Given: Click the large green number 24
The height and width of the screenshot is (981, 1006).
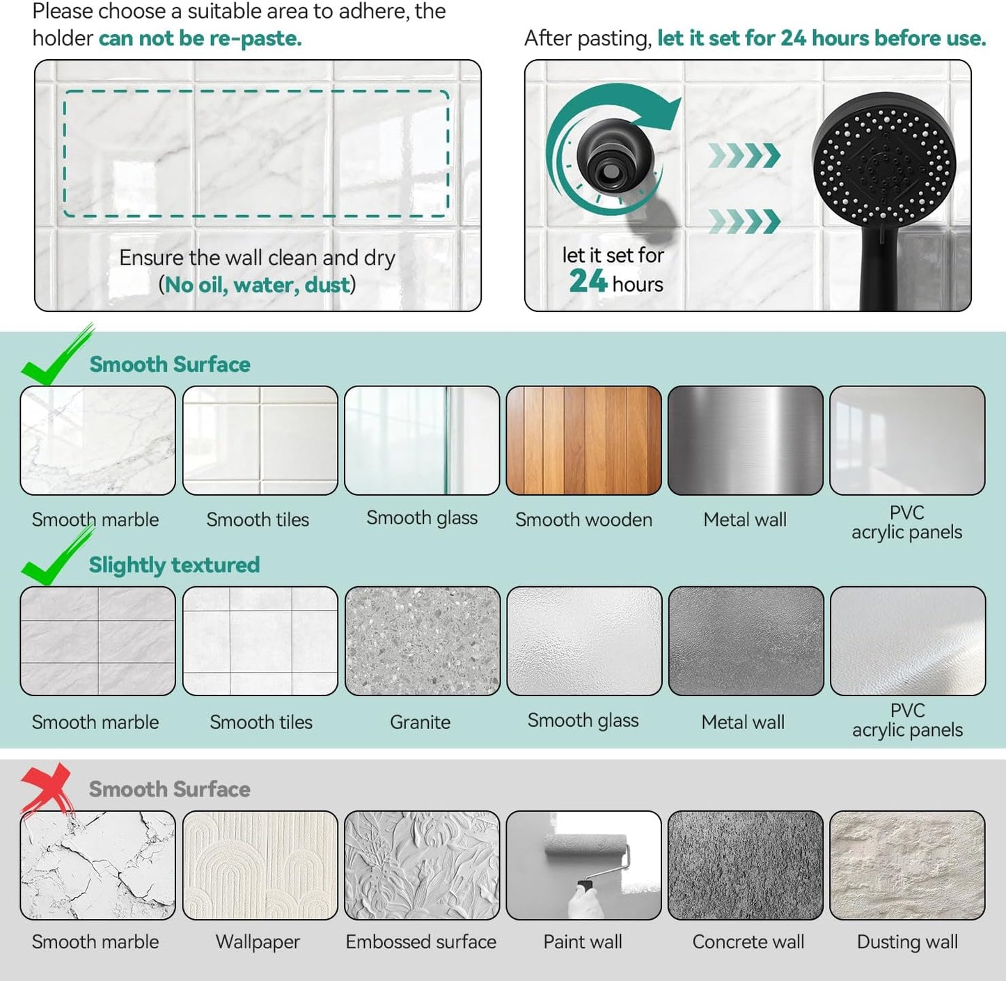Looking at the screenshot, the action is click(588, 282).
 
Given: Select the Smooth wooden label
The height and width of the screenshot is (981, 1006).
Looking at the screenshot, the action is click(583, 519).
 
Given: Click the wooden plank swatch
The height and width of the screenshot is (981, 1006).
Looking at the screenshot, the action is click(583, 440).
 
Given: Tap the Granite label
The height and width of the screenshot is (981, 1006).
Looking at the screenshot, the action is click(421, 722).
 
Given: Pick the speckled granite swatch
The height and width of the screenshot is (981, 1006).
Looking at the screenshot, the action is click(423, 641).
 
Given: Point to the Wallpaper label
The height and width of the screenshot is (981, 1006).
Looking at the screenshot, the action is click(258, 942).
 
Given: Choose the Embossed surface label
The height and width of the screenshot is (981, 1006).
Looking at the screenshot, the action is click(421, 942).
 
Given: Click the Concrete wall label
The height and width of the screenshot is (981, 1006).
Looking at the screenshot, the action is click(748, 942).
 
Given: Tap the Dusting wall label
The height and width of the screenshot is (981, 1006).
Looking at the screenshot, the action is click(907, 942).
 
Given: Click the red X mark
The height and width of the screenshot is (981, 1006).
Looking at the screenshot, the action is click(47, 787).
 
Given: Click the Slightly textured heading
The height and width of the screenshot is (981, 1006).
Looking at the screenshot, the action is click(174, 565).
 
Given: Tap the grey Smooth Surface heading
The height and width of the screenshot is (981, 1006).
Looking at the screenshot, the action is click(170, 790).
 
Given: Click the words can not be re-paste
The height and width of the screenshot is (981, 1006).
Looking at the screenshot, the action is click(200, 38).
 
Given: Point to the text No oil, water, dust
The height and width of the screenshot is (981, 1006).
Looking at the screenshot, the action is click(257, 285).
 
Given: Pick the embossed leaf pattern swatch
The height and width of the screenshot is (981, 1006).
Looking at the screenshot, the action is click(422, 865).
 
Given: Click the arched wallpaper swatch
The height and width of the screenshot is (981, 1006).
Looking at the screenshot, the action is click(260, 865).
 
